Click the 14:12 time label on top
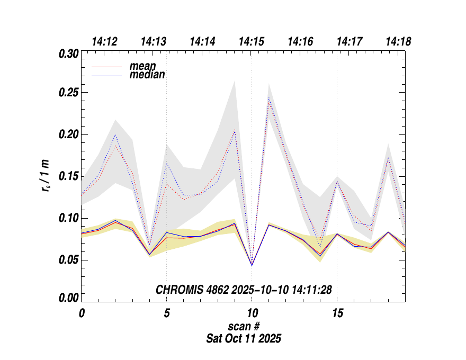105,41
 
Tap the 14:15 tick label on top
252,41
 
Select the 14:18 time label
398,41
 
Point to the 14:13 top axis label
154,41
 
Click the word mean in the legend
142,67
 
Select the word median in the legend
147,75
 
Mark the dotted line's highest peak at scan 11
269,99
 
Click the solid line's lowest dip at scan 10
252,265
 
